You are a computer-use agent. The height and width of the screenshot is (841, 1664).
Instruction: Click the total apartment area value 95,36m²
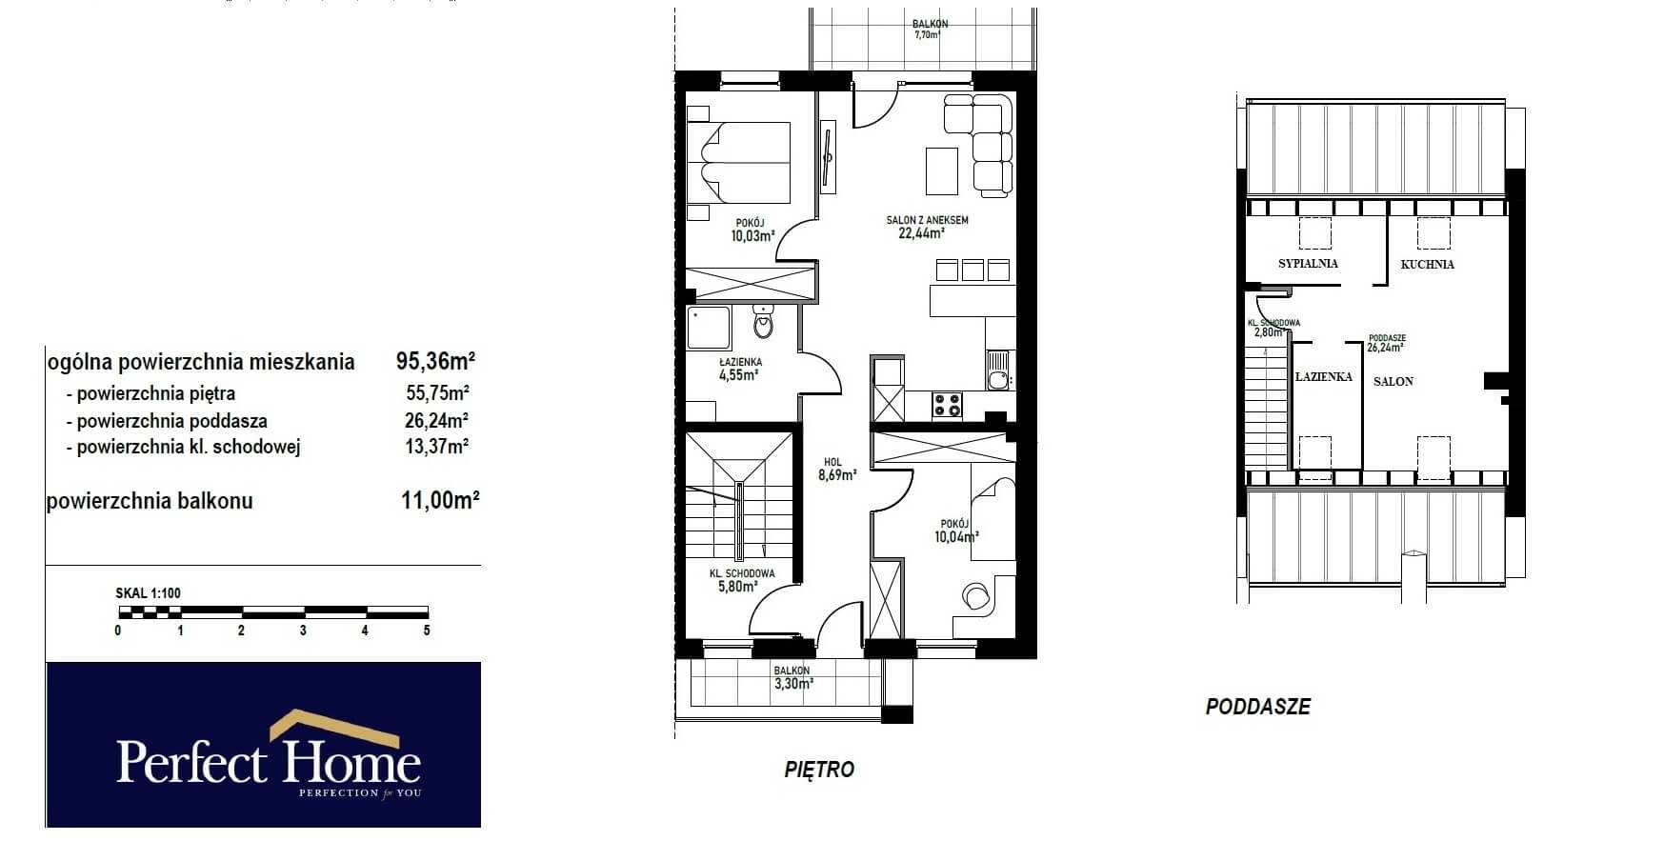pyautogui.click(x=435, y=361)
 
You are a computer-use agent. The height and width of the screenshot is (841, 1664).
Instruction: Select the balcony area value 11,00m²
pyautogui.click(x=439, y=500)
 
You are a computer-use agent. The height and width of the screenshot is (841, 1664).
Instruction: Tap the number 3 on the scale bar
pyautogui.click(x=303, y=631)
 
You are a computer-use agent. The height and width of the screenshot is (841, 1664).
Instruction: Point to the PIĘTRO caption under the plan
pyautogui.click(x=819, y=770)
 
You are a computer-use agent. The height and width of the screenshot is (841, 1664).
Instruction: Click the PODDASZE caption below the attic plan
pyautogui.click(x=1257, y=707)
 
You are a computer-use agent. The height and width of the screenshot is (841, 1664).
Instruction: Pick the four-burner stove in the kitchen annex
pyautogui.click(x=947, y=405)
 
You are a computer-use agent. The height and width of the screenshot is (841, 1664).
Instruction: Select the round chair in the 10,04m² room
pyautogui.click(x=975, y=595)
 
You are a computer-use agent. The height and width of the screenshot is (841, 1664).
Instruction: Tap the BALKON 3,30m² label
pyautogui.click(x=792, y=677)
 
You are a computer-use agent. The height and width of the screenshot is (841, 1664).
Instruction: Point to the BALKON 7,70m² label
pyautogui.click(x=929, y=29)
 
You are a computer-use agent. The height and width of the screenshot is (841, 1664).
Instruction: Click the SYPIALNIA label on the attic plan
pyautogui.click(x=1308, y=264)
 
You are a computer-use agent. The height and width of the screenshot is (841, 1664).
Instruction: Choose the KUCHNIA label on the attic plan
pyautogui.click(x=1427, y=265)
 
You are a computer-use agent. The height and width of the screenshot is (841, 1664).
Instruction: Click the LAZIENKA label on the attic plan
pyautogui.click(x=1324, y=377)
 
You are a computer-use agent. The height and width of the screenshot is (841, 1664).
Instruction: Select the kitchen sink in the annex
pyautogui.click(x=997, y=372)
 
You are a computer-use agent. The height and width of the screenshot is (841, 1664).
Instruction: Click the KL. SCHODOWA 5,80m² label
pyautogui.click(x=741, y=580)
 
